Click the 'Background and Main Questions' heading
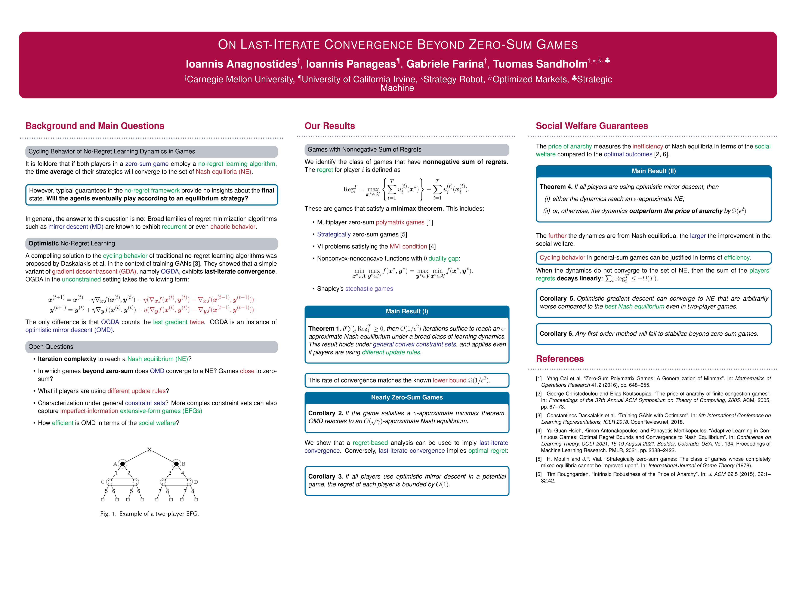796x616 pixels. (95, 126)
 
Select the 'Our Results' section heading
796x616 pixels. (330, 126)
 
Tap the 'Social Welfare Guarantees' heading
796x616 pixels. (592, 126)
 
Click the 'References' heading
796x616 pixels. (559, 359)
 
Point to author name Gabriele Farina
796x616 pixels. (445, 64)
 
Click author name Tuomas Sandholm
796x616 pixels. (540, 64)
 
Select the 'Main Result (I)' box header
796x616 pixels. (407, 311)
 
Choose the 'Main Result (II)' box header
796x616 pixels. (654, 171)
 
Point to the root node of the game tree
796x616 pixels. (149, 449)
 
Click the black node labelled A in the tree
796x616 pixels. (123, 464)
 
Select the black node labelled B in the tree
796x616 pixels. (176, 464)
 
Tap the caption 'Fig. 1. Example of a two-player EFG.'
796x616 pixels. (149, 514)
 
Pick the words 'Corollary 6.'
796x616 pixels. (556, 333)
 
